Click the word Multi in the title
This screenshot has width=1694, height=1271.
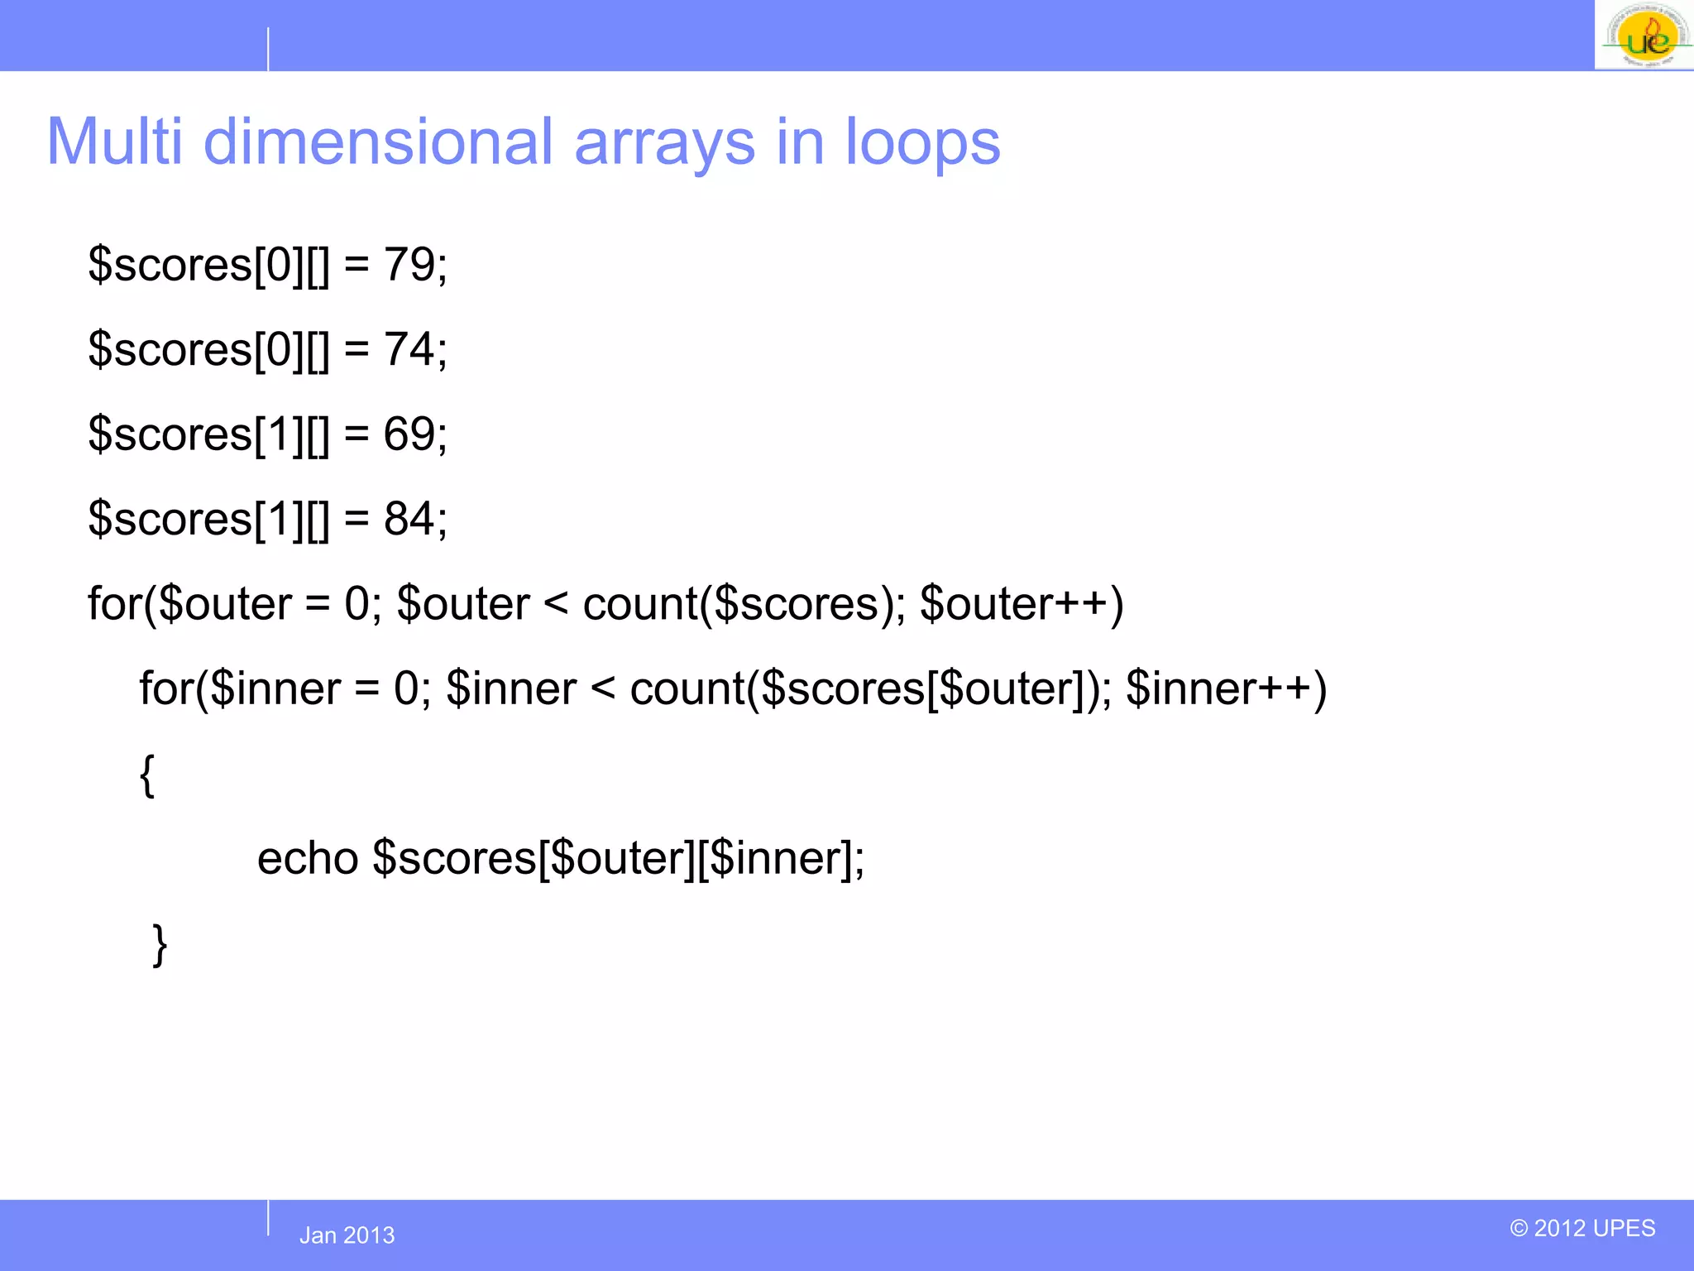click(114, 141)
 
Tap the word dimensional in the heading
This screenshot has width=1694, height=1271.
click(377, 141)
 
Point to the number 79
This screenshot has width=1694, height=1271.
click(409, 265)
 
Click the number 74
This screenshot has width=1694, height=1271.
click(409, 349)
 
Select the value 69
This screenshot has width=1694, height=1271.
click(409, 434)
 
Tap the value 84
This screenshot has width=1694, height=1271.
click(409, 519)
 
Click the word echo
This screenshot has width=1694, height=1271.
click(307, 858)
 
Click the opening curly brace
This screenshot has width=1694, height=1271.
click(147, 775)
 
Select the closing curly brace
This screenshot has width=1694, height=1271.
click(160, 944)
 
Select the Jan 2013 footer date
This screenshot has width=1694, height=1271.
click(347, 1235)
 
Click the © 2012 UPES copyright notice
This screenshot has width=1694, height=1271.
click(1582, 1228)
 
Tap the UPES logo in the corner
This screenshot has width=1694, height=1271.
click(1644, 36)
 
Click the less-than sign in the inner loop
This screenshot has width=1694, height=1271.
click(603, 688)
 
